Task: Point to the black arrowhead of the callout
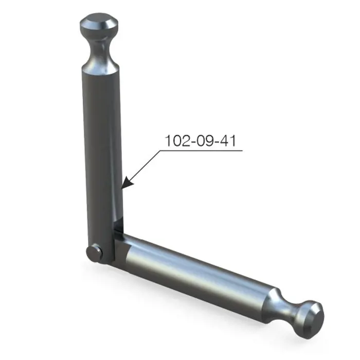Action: click(x=127, y=183)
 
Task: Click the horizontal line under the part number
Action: click(x=201, y=151)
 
